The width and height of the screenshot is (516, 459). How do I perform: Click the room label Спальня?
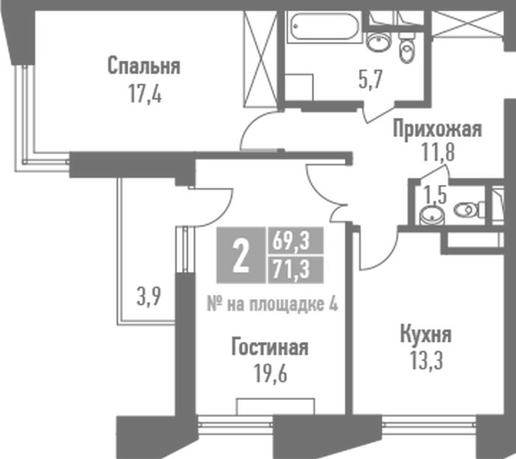point(144,66)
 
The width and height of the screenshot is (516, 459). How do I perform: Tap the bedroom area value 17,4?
point(145,94)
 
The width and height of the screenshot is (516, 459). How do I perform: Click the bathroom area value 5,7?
point(371,80)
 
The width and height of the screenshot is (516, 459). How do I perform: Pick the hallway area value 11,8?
point(439,152)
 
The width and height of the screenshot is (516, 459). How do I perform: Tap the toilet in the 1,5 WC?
point(469,209)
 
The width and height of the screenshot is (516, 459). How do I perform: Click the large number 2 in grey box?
point(240,255)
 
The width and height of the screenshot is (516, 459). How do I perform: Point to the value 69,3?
point(291,240)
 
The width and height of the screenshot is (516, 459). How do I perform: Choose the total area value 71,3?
point(291,270)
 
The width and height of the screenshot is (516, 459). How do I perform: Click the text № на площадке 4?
point(272,304)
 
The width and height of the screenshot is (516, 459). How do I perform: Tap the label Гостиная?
point(270,347)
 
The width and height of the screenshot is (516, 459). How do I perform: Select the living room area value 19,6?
point(271,374)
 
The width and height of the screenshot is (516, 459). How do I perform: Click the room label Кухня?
point(426,334)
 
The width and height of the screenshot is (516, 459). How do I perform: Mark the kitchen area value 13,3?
point(427,360)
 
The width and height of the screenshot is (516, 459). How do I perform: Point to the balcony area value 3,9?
point(149,296)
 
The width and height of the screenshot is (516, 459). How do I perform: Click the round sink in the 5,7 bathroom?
point(378,41)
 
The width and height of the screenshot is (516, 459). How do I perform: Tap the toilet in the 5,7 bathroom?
point(407,49)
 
